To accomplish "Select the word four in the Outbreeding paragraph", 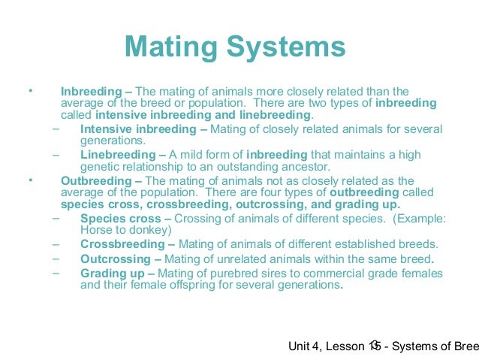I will click(x=304, y=192).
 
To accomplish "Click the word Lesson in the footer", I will click(x=346, y=346).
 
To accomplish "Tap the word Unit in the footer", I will click(x=300, y=346).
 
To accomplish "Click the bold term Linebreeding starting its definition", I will click(x=116, y=155).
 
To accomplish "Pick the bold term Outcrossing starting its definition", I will click(x=115, y=259).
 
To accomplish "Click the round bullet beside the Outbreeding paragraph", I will click(x=30, y=180).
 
